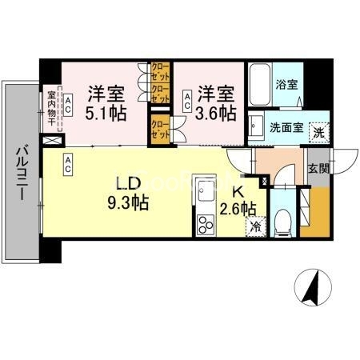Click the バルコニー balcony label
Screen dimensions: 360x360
(22, 171)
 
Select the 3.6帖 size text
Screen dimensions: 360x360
(217, 114)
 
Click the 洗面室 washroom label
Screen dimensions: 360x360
(286, 126)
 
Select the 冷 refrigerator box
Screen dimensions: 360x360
(255, 226)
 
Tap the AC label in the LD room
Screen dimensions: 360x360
(69, 165)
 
